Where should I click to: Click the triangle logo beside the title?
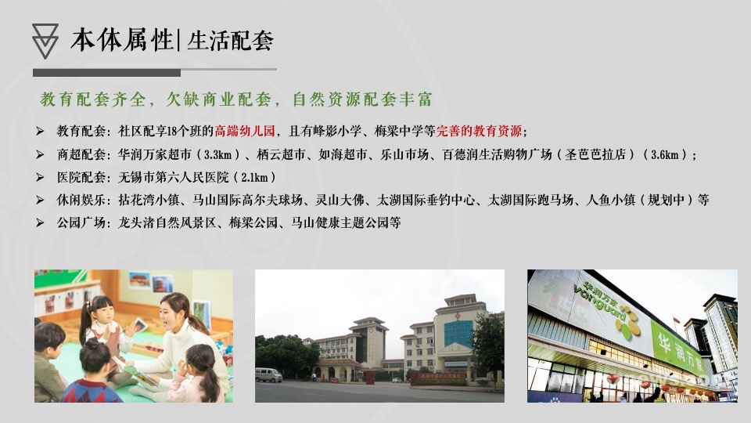[x=46, y=40]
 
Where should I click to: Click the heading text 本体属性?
[x=122, y=39]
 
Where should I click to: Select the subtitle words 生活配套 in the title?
[x=230, y=40]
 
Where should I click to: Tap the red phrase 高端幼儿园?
[x=245, y=131]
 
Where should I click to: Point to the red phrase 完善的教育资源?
[x=479, y=131]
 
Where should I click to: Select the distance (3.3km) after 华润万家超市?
[x=213, y=154]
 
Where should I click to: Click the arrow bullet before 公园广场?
[x=40, y=222]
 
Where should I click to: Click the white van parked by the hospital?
[x=268, y=374]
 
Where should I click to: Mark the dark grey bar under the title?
[x=106, y=73]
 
